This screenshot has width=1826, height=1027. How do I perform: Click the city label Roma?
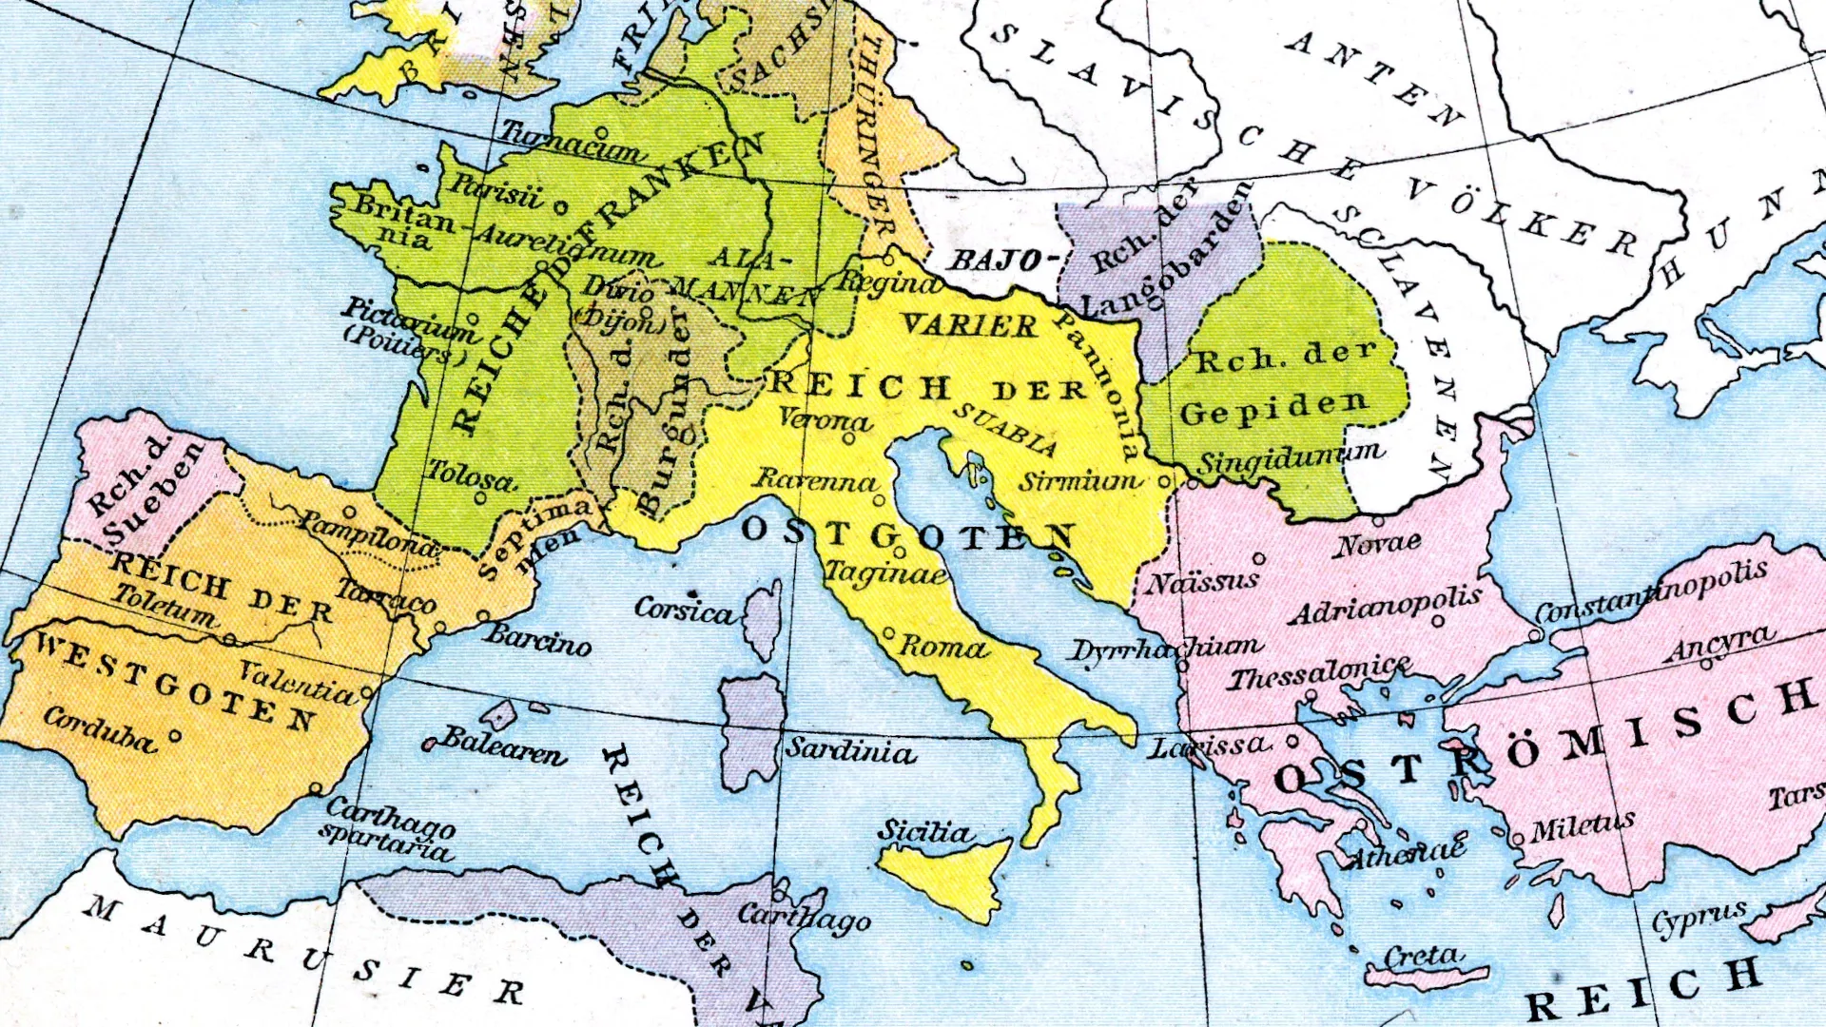pyautogui.click(x=943, y=649)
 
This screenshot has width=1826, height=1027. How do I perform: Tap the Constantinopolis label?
pyautogui.click(x=1652, y=591)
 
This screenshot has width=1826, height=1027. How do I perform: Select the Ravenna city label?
pyautogui.click(x=815, y=481)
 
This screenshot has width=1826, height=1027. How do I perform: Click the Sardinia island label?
pyautogui.click(x=850, y=751)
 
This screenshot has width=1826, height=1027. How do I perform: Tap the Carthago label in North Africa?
pyautogui.click(x=805, y=918)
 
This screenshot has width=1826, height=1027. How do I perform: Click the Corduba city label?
pyautogui.click(x=99, y=730)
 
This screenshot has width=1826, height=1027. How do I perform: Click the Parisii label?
pyautogui.click(x=495, y=191)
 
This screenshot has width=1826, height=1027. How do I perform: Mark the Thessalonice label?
pyautogui.click(x=1319, y=674)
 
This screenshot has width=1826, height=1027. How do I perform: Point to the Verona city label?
pyautogui.click(x=825, y=419)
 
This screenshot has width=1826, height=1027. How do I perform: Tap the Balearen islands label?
pyautogui.click(x=504, y=746)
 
